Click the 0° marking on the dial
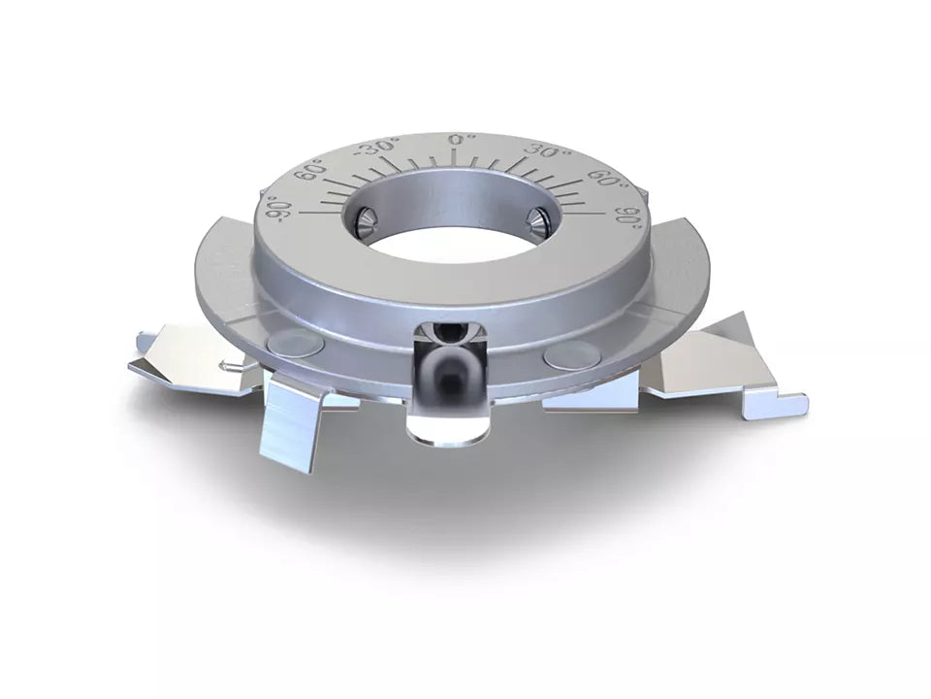pos(460,140)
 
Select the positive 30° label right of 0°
pos(545,151)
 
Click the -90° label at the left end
pos(281,208)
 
